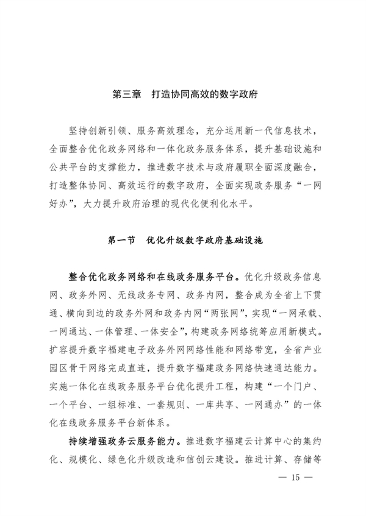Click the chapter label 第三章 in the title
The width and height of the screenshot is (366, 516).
(127, 96)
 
